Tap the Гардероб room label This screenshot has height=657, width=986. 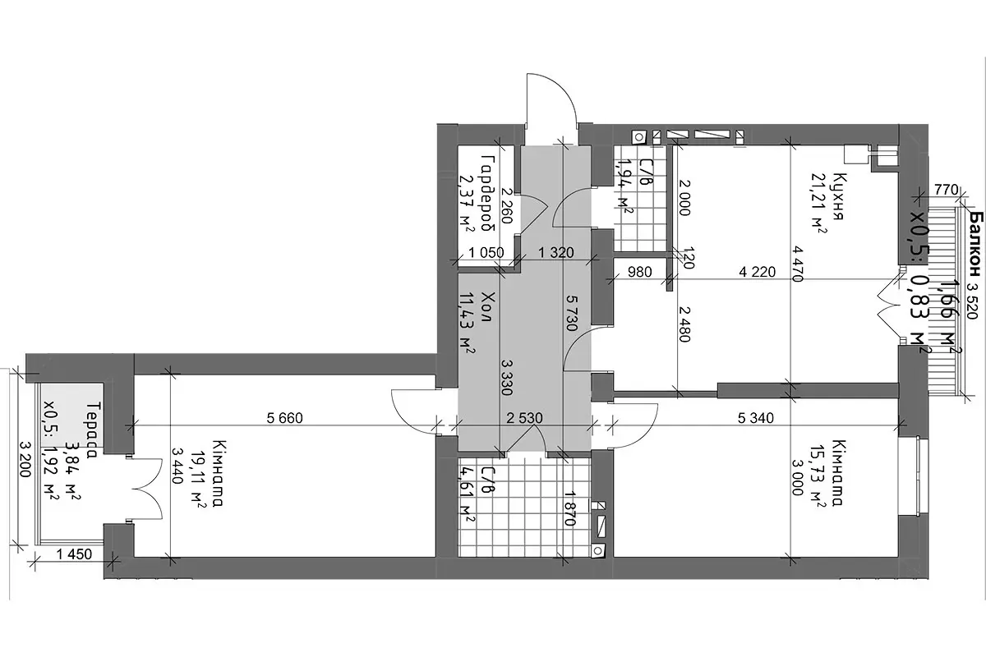(x=489, y=192)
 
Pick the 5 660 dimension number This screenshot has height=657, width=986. (x=285, y=418)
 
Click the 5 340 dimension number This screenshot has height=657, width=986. (x=756, y=418)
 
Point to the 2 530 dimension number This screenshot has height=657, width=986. (x=524, y=418)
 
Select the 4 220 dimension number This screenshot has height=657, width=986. (x=757, y=272)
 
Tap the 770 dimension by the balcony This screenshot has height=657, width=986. (x=947, y=190)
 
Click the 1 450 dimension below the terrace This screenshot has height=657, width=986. (x=74, y=554)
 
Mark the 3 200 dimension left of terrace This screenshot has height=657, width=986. (x=25, y=460)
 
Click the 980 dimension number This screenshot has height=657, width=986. (x=639, y=272)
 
